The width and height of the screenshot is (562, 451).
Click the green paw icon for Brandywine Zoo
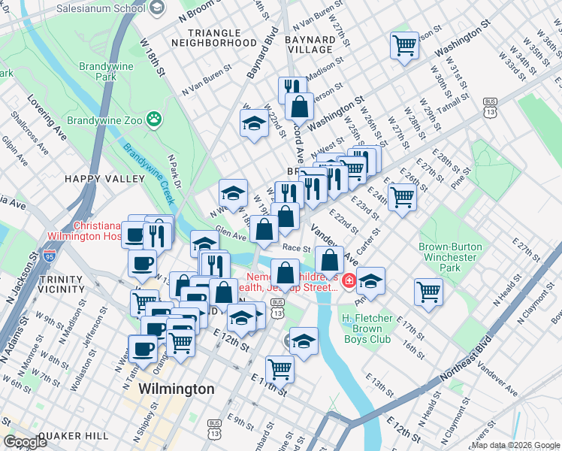[154, 119]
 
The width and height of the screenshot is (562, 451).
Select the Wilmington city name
[177, 389]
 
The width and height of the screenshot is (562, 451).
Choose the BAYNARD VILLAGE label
[310, 44]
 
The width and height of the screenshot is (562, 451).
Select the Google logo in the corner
[25, 442]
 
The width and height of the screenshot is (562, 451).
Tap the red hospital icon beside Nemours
[347, 282]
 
